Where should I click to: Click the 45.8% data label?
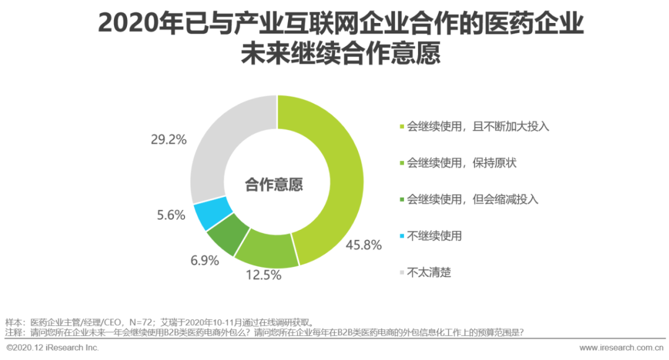tap(364, 245)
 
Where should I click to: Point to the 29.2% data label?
tap(168, 139)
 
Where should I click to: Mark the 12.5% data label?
tap(263, 276)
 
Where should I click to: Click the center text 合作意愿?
tap(276, 183)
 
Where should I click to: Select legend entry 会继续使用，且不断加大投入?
tap(478, 127)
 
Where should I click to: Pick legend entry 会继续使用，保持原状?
tap(461, 163)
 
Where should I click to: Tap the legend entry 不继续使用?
tap(434, 235)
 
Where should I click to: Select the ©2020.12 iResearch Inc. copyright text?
tap(53, 348)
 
